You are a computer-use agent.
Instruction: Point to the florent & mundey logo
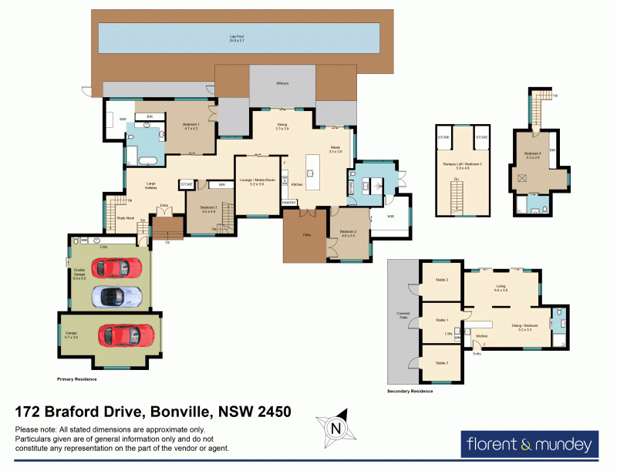click(x=529, y=445)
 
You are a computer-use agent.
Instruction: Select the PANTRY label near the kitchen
click(x=289, y=202)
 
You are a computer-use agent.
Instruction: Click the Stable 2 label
click(x=442, y=280)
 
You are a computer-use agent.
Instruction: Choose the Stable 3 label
click(x=442, y=362)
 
